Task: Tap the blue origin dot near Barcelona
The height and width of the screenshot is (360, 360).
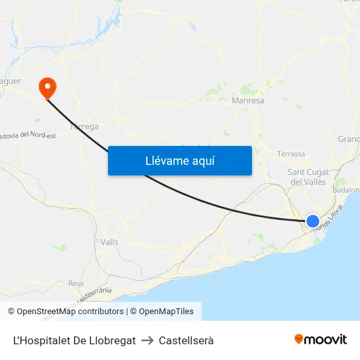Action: click(313, 221)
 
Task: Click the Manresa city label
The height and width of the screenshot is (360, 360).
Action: click(248, 101)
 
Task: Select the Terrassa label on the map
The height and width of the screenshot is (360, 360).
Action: click(291, 154)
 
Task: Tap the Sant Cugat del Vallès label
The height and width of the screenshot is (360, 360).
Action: click(308, 177)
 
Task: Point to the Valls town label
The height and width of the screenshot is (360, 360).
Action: click(110, 242)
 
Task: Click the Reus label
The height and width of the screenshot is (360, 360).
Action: click(76, 283)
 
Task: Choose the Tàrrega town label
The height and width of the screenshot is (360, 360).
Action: click(84, 126)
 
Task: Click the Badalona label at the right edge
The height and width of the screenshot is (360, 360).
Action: click(347, 190)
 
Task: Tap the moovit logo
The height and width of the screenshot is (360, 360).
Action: click(321, 340)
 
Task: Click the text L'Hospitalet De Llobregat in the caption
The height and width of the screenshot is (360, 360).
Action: click(75, 340)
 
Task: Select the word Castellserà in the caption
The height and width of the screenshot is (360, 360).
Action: click(187, 340)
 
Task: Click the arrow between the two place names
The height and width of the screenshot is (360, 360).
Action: click(147, 340)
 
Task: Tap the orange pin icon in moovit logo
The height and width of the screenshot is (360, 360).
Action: click(299, 339)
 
